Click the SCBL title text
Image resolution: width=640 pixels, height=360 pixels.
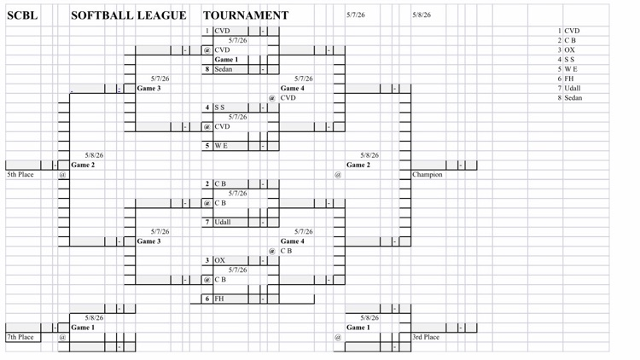(22, 15)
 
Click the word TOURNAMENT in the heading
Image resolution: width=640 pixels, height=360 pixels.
(246, 15)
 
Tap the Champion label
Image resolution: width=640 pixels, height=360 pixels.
(427, 174)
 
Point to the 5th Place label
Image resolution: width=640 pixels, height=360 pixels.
(20, 174)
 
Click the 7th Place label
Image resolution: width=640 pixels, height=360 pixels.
(20, 337)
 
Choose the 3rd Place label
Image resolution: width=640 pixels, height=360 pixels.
(426, 337)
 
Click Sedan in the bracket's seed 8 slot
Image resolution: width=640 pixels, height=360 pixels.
(224, 69)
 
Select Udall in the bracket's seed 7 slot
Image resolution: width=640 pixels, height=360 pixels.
(223, 222)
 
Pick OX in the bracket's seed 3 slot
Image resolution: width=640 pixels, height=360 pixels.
(219, 260)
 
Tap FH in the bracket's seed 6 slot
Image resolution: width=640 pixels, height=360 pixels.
(219, 299)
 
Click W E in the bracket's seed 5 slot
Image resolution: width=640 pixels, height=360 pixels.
(221, 146)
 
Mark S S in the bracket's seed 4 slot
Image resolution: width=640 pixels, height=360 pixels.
(219, 107)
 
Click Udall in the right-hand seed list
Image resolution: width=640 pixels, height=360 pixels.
(573, 88)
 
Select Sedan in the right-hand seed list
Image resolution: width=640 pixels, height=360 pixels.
(573, 98)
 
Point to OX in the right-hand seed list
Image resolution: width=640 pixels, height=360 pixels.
(569, 49)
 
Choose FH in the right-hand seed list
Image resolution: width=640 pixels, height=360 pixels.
(569, 78)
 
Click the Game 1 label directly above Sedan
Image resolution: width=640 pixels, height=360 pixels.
(226, 60)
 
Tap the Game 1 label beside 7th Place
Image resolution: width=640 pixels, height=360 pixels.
(83, 328)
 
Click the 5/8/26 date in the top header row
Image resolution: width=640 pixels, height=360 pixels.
(422, 15)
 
